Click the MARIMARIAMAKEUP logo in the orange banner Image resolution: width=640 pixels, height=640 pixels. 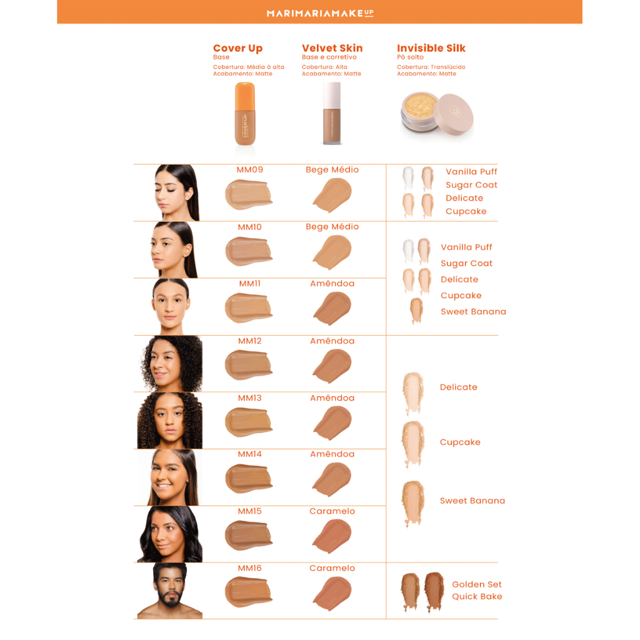[x=320, y=13]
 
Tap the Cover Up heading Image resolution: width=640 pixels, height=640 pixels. [x=237, y=48]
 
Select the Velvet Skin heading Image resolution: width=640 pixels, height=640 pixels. [x=332, y=48]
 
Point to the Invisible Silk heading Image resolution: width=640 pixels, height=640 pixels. [x=431, y=48]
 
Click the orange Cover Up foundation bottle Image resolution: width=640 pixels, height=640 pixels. [x=245, y=114]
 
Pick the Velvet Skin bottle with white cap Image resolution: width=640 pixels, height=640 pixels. [x=332, y=114]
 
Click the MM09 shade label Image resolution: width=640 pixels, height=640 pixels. [x=250, y=170]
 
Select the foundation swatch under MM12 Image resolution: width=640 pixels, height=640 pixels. [x=249, y=364]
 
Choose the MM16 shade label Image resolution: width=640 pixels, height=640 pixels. [x=250, y=568]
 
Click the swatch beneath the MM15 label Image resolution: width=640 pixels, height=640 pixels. [x=249, y=535]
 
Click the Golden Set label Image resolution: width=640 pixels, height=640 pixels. [x=477, y=584]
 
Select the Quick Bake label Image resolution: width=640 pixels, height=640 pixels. [x=477, y=596]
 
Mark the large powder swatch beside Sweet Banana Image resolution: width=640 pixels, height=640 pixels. [x=412, y=502]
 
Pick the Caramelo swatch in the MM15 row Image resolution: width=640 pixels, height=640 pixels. [x=332, y=536]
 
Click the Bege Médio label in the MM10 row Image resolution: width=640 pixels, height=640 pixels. [x=332, y=227]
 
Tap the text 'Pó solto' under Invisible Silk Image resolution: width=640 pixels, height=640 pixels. [x=410, y=57]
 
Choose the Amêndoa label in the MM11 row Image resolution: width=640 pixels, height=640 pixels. [x=332, y=283]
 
